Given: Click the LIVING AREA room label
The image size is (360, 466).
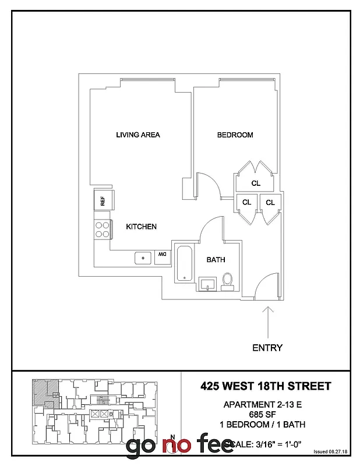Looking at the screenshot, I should (138, 135).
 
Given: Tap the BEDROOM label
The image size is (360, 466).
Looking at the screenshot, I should (235, 135).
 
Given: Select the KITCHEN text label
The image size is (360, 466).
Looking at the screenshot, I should (142, 227).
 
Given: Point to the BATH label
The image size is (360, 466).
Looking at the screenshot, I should (216, 260).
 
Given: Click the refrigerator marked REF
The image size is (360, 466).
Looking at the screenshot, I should (103, 201).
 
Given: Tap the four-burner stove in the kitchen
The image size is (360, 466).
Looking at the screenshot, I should (103, 229).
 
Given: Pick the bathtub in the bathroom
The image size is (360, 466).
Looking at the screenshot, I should (184, 264).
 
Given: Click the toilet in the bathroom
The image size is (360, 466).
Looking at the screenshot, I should (228, 281).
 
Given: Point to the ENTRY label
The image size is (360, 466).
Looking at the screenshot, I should (267, 348).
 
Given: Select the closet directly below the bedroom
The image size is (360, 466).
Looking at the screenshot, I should (255, 183).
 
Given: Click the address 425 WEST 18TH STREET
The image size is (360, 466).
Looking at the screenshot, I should (266, 386).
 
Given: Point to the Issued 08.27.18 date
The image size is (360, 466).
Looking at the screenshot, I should (330, 451).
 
